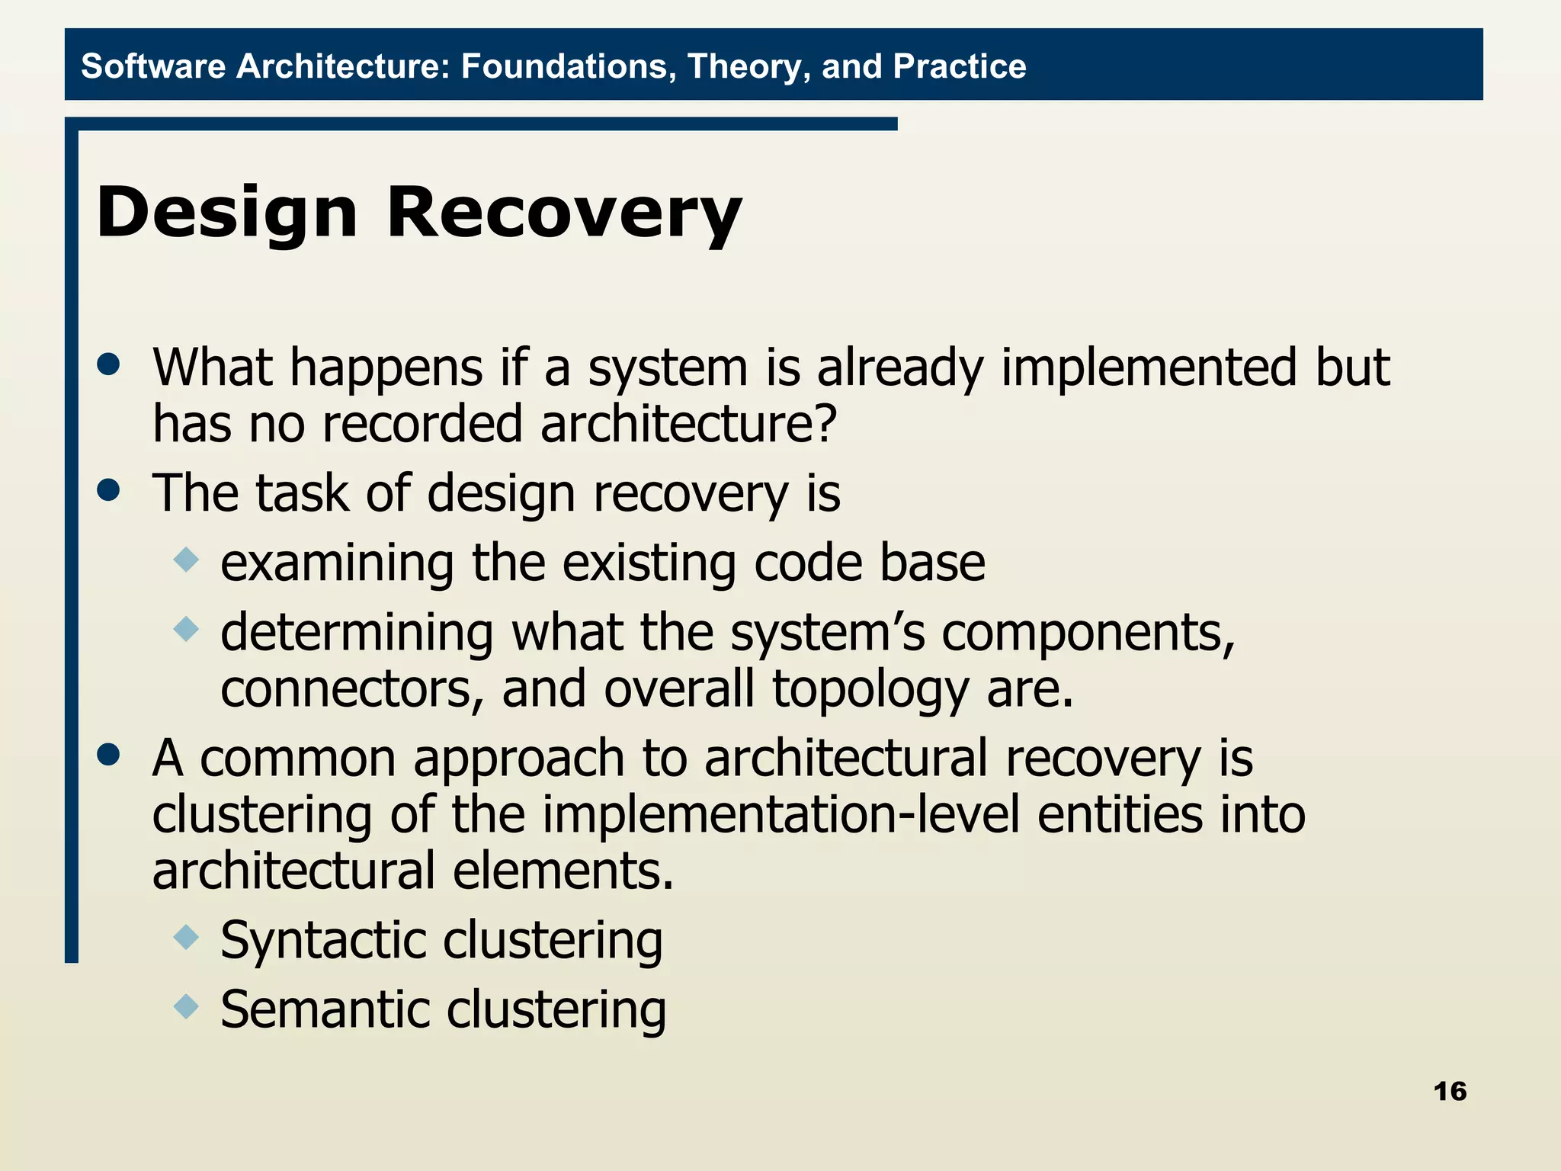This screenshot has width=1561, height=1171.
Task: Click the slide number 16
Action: tap(1450, 1091)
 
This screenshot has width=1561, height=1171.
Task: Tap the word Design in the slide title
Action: tap(227, 214)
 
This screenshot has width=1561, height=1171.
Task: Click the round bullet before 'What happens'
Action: tap(109, 364)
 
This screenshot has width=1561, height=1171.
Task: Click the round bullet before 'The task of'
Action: tap(109, 489)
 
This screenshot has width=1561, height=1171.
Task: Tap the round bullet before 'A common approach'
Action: tap(109, 755)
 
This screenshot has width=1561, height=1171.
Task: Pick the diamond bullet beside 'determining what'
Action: tap(186, 630)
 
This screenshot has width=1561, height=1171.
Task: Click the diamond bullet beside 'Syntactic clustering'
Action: tap(186, 936)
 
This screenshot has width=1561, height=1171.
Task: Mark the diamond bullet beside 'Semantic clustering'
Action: tap(186, 1006)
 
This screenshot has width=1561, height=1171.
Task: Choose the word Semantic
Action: tap(325, 1009)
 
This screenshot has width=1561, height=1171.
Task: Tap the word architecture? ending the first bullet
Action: tap(689, 424)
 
